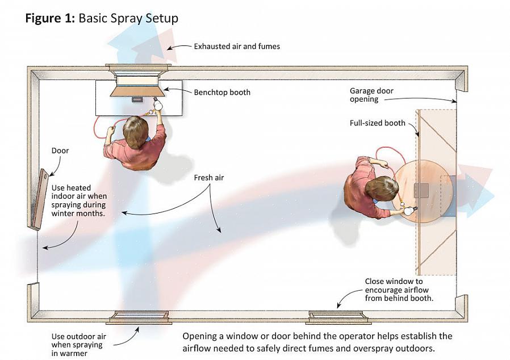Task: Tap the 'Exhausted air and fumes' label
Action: click(x=237, y=46)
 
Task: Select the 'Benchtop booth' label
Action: click(x=222, y=92)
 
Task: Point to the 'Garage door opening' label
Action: click(x=371, y=95)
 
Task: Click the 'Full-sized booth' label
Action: click(x=378, y=123)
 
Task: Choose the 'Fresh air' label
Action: click(x=209, y=178)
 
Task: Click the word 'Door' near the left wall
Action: click(x=60, y=150)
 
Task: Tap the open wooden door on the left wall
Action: click(x=39, y=199)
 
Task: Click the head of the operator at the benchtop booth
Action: click(x=135, y=132)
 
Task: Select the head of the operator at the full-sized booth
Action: click(x=382, y=189)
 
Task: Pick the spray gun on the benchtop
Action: click(x=158, y=103)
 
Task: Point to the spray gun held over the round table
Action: click(x=408, y=211)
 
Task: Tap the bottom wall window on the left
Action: click(x=139, y=316)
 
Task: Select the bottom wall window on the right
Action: click(x=338, y=316)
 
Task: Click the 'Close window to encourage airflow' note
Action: click(x=394, y=290)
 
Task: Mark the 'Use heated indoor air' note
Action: click(x=78, y=200)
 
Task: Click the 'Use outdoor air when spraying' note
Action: click(x=77, y=345)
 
